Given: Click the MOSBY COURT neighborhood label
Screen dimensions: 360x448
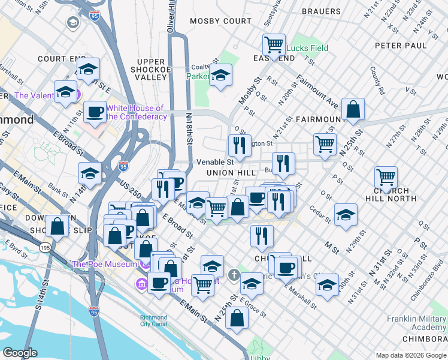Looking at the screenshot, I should click(x=220, y=21).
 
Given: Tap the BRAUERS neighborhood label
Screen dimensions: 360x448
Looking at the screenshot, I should click(x=321, y=11).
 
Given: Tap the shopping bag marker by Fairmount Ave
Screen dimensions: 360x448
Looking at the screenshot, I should click(x=353, y=109).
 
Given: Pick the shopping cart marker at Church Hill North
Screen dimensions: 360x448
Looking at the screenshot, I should click(x=386, y=177).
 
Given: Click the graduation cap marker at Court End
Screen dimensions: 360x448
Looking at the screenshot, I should click(x=88, y=69).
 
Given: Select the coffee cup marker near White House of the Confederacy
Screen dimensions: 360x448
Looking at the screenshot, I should click(x=94, y=112).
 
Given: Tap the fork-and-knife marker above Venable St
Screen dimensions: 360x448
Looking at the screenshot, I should click(x=239, y=145).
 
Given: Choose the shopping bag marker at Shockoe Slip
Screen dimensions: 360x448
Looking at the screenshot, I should click(x=57, y=226).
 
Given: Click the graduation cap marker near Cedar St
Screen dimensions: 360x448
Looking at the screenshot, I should click(x=346, y=215).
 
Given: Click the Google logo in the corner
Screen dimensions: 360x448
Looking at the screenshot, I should click(x=20, y=353).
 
